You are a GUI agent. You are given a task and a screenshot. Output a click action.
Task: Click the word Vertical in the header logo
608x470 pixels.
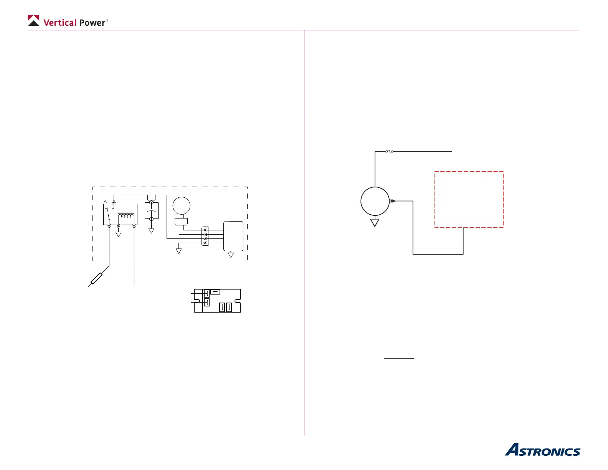[60, 23]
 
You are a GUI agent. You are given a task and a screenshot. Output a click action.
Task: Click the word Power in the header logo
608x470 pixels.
[92, 23]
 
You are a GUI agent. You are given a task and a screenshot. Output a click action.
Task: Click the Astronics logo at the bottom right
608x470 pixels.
[542, 450]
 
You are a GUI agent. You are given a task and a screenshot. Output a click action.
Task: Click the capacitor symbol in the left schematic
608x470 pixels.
[151, 210]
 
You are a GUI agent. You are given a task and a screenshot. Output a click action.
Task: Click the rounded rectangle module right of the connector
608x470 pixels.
[233, 236]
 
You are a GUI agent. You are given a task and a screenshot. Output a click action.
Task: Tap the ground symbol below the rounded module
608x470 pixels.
[231, 255]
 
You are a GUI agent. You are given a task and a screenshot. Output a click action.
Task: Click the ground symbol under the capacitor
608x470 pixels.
[151, 231]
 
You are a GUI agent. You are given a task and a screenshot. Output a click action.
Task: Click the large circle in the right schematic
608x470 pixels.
[375, 201]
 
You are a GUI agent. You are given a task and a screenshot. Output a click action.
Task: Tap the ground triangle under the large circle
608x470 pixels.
[375, 222]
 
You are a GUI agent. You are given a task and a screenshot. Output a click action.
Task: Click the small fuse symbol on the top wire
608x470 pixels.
[389, 151]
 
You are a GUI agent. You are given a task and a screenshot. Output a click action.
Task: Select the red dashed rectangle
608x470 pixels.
[469, 199]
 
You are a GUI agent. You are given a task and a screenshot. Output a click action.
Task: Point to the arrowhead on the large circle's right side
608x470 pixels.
[392, 201]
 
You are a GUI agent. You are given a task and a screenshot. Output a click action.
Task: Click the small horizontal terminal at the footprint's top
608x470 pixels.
[215, 292]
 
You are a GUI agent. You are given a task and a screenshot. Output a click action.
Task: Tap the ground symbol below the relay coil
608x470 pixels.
[118, 234]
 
